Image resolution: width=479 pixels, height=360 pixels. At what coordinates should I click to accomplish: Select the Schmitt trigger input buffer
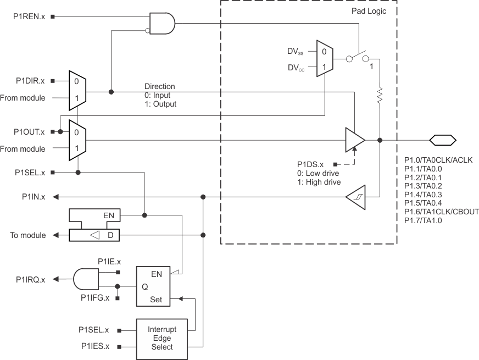pos(354,196)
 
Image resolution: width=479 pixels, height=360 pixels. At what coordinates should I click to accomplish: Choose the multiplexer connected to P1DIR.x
pos(77,90)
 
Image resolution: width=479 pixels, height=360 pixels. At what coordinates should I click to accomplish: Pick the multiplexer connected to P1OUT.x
pos(77,140)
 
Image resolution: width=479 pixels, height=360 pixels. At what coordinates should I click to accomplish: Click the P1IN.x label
pos(34,196)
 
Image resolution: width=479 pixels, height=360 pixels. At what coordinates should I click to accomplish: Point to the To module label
pos(28,235)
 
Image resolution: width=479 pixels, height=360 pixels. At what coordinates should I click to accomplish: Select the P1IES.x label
pos(94,346)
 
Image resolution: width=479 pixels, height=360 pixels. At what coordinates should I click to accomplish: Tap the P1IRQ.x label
pos(30,280)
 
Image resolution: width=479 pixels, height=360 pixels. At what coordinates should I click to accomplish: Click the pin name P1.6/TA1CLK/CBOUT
pos(441,212)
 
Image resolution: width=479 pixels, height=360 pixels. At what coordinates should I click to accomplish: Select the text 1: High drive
pos(319,182)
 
